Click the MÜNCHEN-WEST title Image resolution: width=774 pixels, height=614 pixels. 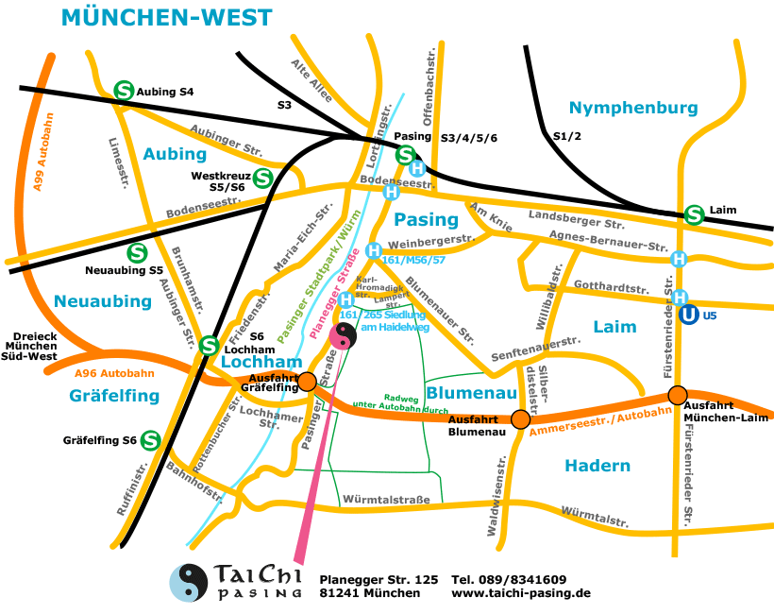(x=166, y=17)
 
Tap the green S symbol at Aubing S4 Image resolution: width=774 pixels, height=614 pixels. (x=123, y=91)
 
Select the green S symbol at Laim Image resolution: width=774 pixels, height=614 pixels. (x=695, y=214)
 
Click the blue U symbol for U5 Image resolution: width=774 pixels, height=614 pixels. (x=690, y=316)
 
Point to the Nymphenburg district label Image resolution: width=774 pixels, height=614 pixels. (x=633, y=108)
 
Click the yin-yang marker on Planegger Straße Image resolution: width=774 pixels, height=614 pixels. (x=345, y=333)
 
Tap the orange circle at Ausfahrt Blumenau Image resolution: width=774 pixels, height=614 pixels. (x=520, y=418)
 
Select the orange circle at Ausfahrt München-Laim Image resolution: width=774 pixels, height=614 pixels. (x=676, y=395)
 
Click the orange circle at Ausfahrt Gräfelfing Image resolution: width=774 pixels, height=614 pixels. (x=307, y=382)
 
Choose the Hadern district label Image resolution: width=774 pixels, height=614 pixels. (x=597, y=466)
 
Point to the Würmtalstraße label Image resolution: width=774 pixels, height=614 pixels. (x=387, y=499)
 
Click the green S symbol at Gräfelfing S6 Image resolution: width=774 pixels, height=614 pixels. (x=149, y=440)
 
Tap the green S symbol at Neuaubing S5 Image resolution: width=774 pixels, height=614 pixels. (x=137, y=253)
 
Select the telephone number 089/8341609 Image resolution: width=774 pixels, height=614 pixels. (x=509, y=579)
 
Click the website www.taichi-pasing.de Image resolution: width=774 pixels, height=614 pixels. (x=520, y=593)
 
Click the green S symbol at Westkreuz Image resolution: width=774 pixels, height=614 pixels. (x=262, y=177)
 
